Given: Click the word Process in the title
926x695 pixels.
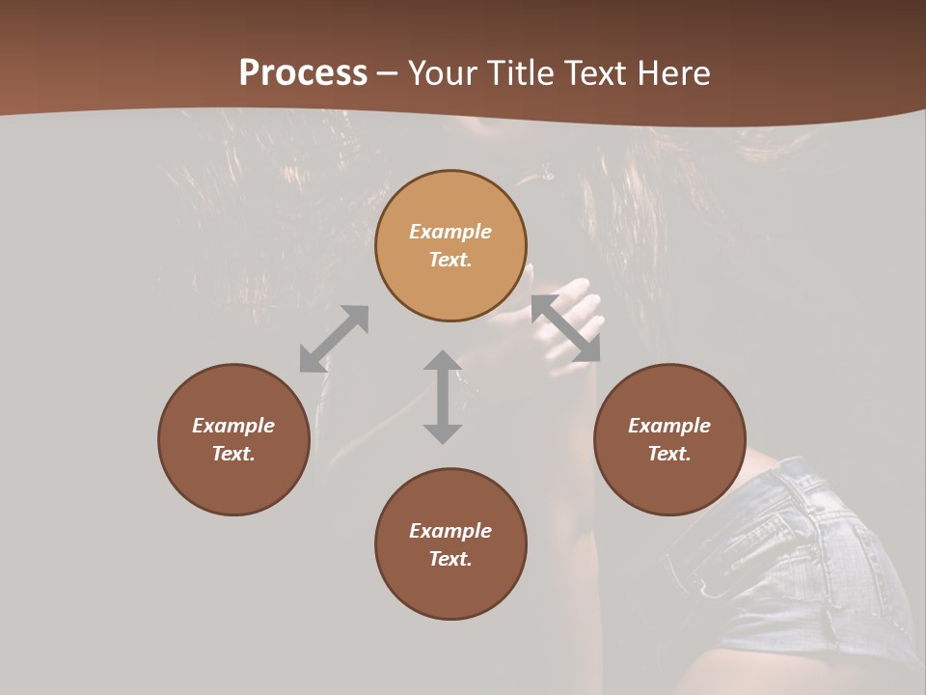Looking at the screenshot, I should (303, 73).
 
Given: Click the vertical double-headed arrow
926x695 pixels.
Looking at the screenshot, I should (443, 397).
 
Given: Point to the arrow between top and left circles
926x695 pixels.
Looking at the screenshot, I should (334, 339).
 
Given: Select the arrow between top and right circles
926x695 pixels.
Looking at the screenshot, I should (565, 328).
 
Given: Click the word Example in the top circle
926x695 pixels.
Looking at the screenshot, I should (450, 232).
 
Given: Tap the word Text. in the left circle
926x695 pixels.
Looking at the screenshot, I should (233, 454).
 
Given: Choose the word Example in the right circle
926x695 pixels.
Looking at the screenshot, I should (669, 426).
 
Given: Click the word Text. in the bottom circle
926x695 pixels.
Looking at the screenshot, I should (450, 559).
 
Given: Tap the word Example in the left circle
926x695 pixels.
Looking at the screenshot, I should (233, 426).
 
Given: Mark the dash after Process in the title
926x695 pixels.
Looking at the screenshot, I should (388, 73).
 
